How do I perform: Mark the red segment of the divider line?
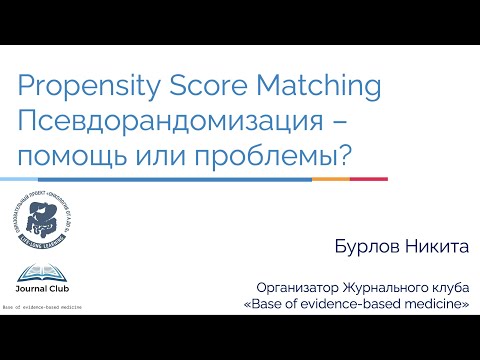[x=369, y=178]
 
